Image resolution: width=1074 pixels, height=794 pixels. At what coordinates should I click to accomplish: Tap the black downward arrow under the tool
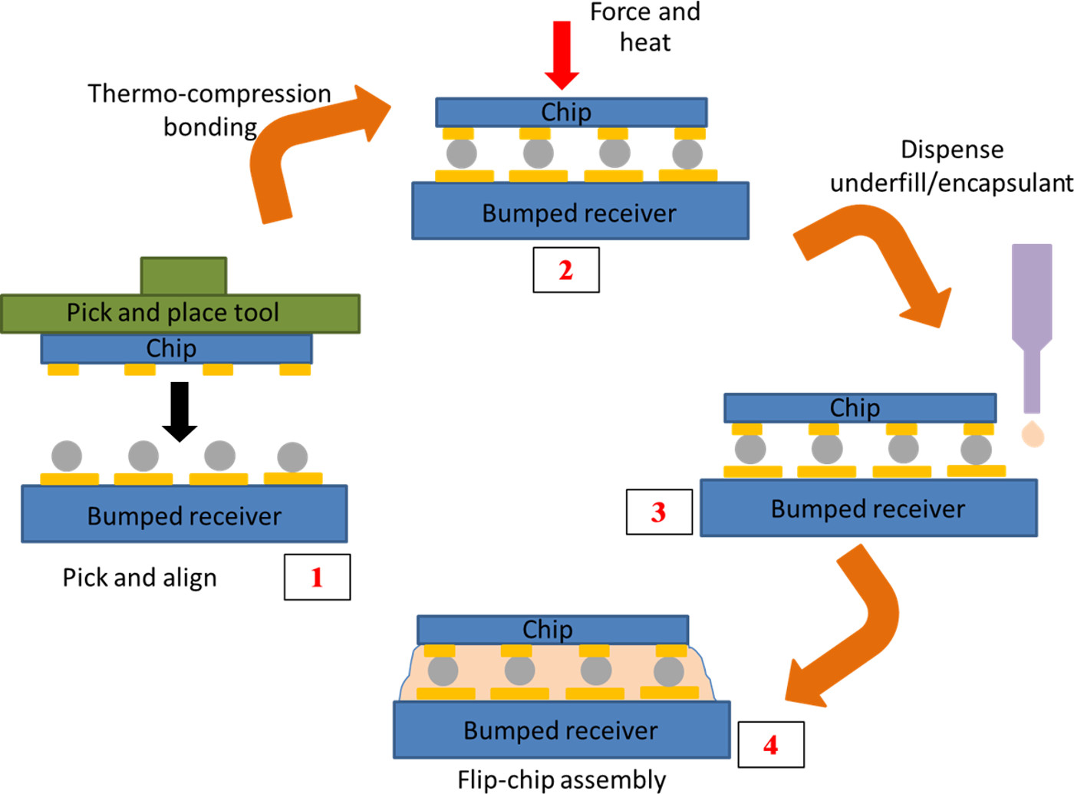pyautogui.click(x=180, y=411)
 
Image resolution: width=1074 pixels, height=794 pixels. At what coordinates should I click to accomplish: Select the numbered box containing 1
pyautogui.click(x=317, y=577)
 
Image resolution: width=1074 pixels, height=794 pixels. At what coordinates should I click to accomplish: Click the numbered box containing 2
pyautogui.click(x=566, y=270)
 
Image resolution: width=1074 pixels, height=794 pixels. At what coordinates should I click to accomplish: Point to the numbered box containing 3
pyautogui.click(x=659, y=512)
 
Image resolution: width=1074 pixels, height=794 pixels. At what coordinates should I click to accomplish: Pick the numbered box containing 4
pyautogui.click(x=771, y=744)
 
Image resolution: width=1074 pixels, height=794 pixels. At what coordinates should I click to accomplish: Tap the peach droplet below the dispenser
pyautogui.click(x=1033, y=433)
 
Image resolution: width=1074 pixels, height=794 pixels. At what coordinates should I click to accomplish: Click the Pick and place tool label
pyautogui.click(x=173, y=313)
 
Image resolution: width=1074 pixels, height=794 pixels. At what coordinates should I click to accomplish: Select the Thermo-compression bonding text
pyautogui.click(x=209, y=110)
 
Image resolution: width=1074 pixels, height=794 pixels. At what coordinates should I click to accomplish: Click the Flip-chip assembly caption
pyautogui.click(x=562, y=779)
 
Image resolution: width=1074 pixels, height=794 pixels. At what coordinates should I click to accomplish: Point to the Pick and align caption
pyautogui.click(x=140, y=578)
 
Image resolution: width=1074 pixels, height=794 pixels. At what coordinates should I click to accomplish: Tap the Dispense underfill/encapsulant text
pyautogui.click(x=951, y=166)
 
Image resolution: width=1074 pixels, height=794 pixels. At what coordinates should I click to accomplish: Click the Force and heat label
pyautogui.click(x=644, y=27)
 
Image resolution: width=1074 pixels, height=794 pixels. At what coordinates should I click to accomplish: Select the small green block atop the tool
pyautogui.click(x=183, y=276)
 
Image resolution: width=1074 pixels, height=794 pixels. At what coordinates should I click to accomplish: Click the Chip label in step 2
pyautogui.click(x=566, y=113)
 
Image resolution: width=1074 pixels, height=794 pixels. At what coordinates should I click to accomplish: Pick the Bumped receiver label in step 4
pyautogui.click(x=560, y=730)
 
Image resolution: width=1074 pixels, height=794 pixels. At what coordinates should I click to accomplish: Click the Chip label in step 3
pyautogui.click(x=855, y=408)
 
